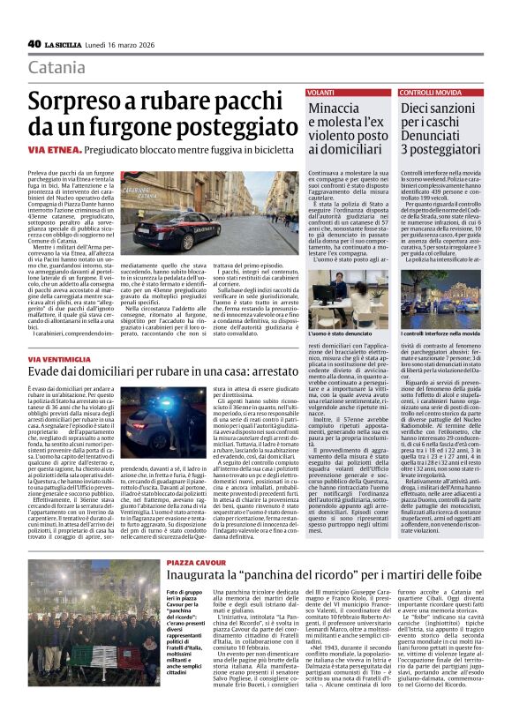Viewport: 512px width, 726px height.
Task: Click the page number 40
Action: (x=34, y=43)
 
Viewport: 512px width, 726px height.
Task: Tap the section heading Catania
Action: (x=57, y=68)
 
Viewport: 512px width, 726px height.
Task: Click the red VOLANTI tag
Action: (x=321, y=93)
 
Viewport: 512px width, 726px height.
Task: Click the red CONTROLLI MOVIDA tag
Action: (x=430, y=93)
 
